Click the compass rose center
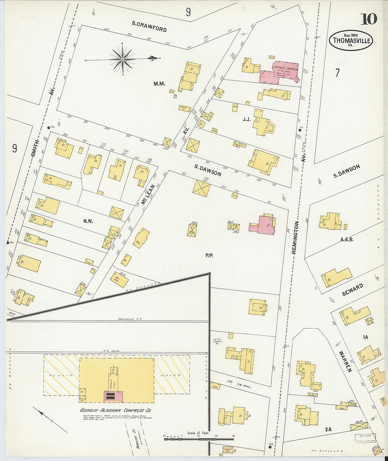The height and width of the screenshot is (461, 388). (x=122, y=59)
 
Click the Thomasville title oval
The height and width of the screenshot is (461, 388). (x=351, y=40)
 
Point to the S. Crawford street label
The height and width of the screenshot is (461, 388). (x=149, y=26)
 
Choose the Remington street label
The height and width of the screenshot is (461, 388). (x=295, y=237)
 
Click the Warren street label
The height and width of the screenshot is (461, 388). (x=346, y=361)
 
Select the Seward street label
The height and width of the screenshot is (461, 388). (x=352, y=290)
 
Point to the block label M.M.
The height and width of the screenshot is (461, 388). (x=159, y=84)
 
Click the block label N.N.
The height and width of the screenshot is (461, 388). (x=88, y=221)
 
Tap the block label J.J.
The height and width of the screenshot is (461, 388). (x=247, y=119)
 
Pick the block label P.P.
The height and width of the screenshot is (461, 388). (x=209, y=255)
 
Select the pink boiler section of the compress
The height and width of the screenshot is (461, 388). (x=113, y=396)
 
